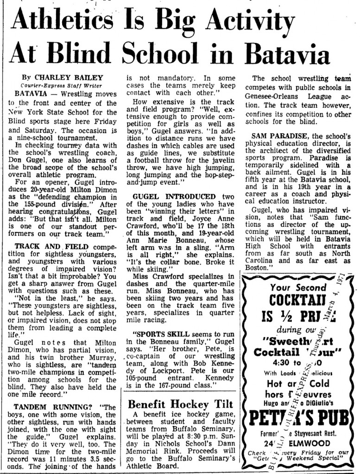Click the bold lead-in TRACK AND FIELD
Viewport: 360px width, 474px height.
click(x=51, y=246)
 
